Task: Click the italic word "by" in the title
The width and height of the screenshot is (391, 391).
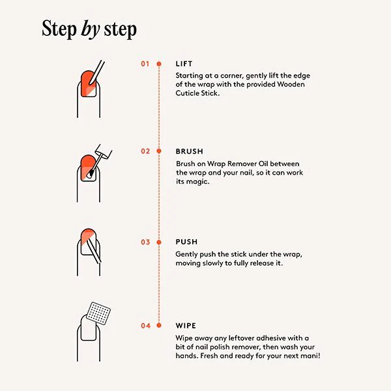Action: click(x=91, y=30)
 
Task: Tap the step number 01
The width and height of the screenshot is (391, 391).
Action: click(x=145, y=64)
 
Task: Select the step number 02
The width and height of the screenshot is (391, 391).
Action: click(x=145, y=151)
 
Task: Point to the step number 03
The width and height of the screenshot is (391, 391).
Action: click(x=145, y=242)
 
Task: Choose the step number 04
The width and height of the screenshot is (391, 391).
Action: click(x=145, y=326)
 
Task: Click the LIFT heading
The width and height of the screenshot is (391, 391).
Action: click(x=184, y=64)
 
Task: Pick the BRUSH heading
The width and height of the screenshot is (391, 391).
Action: click(x=190, y=151)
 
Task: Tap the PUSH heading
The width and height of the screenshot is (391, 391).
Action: click(x=186, y=242)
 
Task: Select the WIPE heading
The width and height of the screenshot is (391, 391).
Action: click(x=186, y=326)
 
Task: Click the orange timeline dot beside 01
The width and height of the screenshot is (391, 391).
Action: click(x=159, y=64)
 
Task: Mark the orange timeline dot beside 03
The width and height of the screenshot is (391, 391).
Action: click(x=159, y=242)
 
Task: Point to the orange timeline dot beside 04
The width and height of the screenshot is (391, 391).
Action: click(x=159, y=325)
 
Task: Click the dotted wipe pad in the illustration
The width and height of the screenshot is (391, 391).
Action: click(x=98, y=313)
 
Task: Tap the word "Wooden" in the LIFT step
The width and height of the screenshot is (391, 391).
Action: click(x=291, y=84)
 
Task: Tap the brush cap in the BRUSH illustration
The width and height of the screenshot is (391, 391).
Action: click(x=104, y=151)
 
